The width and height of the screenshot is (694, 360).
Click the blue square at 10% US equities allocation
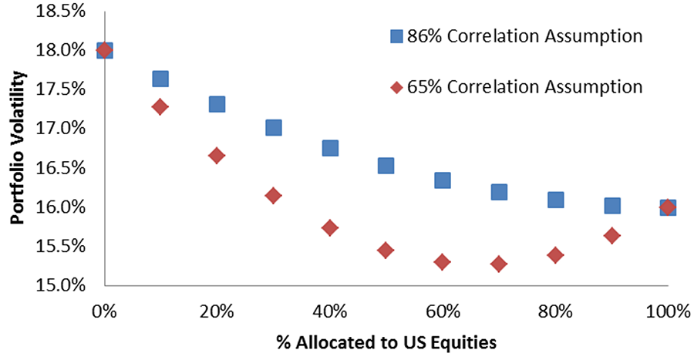tap(160, 79)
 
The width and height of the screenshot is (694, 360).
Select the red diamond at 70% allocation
tap(498, 264)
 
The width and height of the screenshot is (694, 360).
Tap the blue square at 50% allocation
tap(386, 166)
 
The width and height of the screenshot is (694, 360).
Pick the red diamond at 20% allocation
tap(217, 156)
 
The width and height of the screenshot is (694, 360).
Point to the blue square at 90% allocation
tap(611, 206)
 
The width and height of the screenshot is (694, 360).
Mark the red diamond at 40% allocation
tap(329, 227)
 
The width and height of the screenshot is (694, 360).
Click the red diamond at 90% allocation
tap(611, 236)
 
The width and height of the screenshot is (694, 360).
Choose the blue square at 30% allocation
tap(273, 128)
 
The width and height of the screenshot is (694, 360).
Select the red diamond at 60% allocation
tap(442, 262)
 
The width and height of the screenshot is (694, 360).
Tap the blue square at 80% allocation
tap(555, 200)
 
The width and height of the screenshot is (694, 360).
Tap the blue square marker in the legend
tap(397, 36)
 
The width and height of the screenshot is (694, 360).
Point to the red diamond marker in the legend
tap(397, 88)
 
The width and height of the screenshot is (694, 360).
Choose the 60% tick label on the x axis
tap(442, 311)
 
